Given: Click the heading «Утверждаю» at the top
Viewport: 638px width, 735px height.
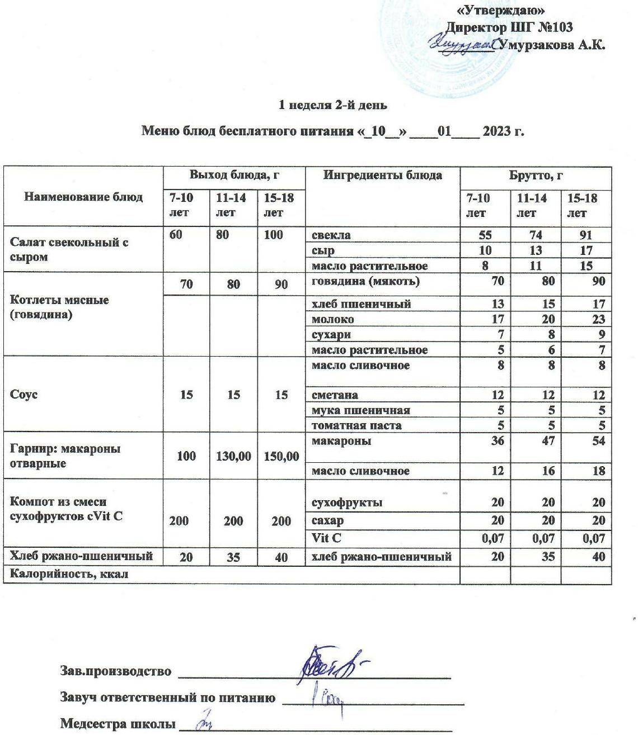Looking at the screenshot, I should click(x=501, y=11).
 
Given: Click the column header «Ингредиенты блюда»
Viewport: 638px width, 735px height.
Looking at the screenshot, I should click(x=383, y=175).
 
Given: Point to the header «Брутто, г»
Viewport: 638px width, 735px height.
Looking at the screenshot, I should click(x=535, y=175).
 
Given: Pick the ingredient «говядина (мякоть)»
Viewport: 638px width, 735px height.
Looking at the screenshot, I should click(x=365, y=282).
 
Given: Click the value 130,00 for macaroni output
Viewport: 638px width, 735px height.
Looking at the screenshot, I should click(x=233, y=456).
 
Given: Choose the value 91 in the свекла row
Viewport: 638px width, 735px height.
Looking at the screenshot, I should click(x=586, y=235).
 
